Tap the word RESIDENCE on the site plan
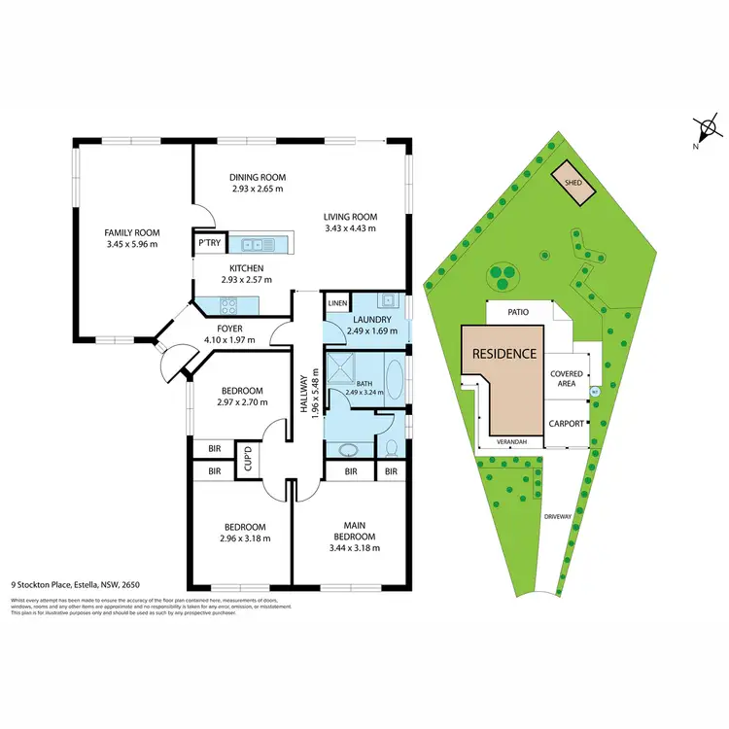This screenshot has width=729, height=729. (x=503, y=354)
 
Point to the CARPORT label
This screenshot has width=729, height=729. (x=567, y=424)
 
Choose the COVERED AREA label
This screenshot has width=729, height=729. (x=567, y=379)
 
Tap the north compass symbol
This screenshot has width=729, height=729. (x=707, y=129)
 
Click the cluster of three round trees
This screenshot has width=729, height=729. (x=503, y=277)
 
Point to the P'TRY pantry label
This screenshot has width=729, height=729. (x=208, y=243)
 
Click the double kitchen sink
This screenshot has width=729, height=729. (x=255, y=244)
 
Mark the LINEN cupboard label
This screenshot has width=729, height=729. (x=337, y=303)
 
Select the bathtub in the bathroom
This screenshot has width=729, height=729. (x=395, y=383)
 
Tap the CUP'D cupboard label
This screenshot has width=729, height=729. (x=248, y=457)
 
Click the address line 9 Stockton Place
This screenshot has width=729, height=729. (x=75, y=586)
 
